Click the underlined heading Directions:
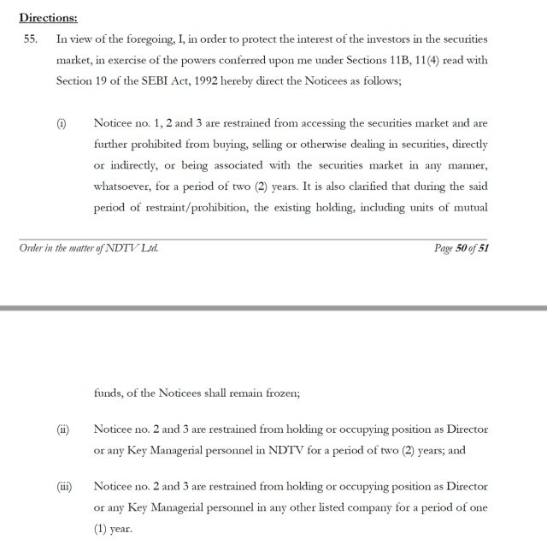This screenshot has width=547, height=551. point(49,16)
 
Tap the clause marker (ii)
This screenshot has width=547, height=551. point(63,430)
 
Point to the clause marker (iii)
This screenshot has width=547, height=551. point(65,487)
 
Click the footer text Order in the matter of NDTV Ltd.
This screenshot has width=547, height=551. point(88,248)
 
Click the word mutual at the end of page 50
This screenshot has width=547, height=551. point(470,207)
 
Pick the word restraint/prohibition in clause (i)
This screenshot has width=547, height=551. point(192,207)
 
